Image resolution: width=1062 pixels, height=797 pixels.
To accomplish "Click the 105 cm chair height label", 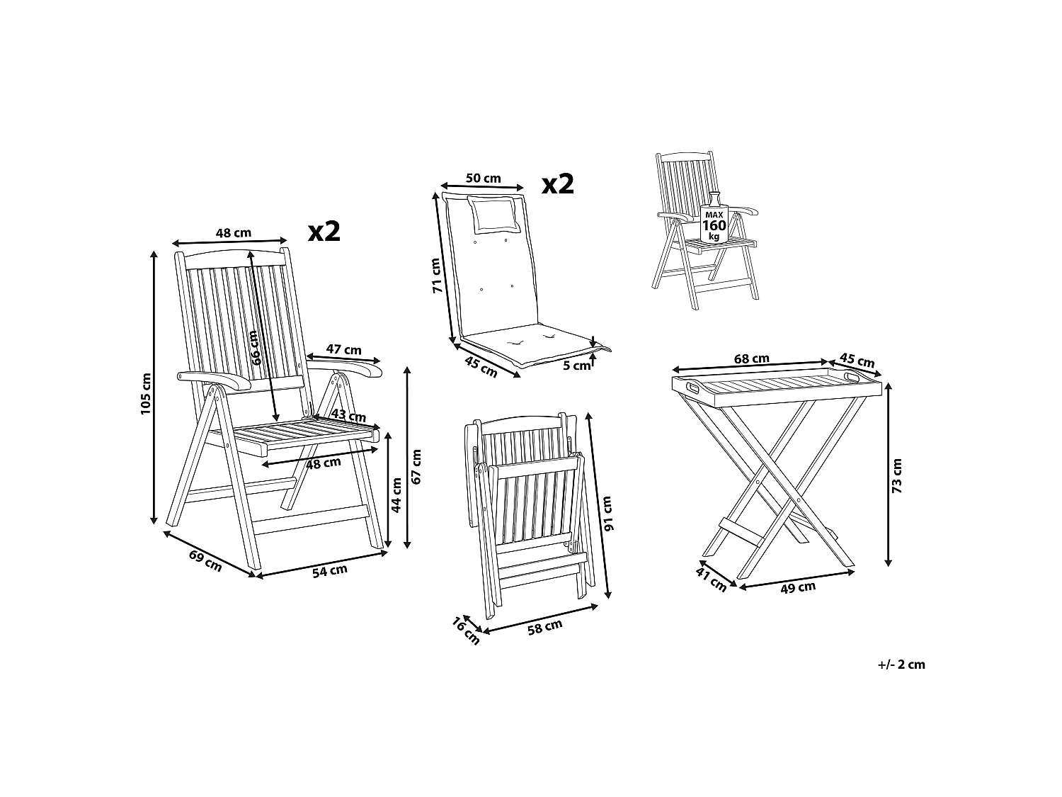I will [146, 393].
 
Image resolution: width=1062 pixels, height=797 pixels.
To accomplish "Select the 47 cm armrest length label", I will [343, 349].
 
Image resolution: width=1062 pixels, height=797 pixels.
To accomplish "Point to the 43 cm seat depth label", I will [348, 415].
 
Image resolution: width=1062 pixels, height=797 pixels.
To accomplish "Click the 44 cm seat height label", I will [396, 494].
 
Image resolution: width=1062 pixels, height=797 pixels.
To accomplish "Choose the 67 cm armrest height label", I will [416, 466].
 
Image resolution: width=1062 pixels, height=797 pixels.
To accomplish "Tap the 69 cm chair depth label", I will [205, 560].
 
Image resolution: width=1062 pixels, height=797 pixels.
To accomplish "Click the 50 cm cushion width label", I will [484, 178].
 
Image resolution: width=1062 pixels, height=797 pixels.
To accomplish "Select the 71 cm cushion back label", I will [436, 276].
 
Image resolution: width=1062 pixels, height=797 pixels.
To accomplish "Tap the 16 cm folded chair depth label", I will [466, 631].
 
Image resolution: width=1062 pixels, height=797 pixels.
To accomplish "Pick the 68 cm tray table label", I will [751, 358].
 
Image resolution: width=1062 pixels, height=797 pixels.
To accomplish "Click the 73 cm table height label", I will [898, 475].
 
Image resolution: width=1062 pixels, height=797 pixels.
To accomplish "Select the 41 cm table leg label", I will [712, 580].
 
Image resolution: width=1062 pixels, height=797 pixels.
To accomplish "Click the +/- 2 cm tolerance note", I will [901, 665].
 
